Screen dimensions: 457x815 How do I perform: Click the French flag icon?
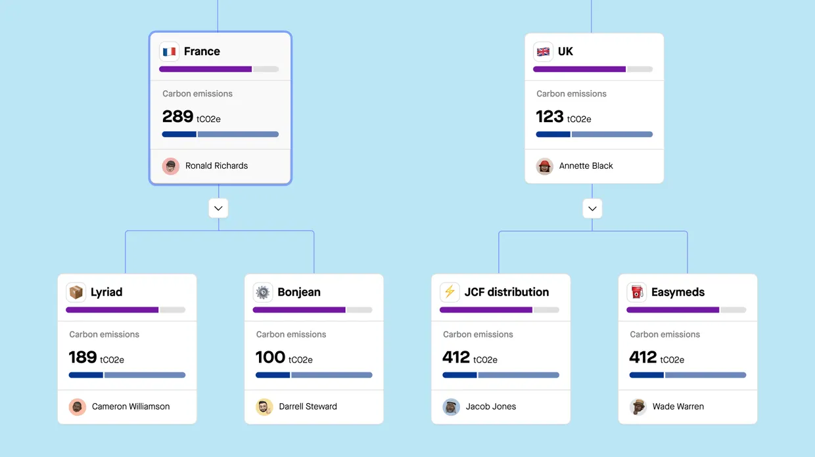point(170,51)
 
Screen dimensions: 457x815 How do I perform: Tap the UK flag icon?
point(543,51)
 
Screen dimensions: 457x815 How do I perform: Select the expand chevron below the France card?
point(218,208)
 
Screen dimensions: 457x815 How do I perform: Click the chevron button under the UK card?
point(592,208)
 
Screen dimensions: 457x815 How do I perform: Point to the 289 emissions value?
point(177,117)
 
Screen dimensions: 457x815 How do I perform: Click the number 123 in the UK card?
point(549,117)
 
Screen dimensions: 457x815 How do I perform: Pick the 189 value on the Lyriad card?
point(83,357)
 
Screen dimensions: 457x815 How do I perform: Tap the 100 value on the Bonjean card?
point(270,357)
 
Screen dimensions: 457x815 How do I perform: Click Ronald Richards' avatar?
point(171,166)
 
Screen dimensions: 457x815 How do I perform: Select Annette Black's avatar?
point(544,166)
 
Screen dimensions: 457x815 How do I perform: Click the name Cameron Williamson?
point(131,406)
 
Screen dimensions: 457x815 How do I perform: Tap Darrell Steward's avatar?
point(264,407)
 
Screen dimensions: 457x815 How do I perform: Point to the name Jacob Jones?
point(491,406)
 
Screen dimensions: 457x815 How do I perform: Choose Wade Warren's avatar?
point(638,407)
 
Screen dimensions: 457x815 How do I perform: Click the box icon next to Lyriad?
point(76,292)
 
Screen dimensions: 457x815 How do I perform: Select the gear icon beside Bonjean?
point(263,292)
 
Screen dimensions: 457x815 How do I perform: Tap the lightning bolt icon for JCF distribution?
point(450,292)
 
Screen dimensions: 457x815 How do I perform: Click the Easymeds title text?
point(678,292)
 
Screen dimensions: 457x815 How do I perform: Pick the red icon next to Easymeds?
point(636,292)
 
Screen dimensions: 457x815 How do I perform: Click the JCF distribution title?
point(506,292)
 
